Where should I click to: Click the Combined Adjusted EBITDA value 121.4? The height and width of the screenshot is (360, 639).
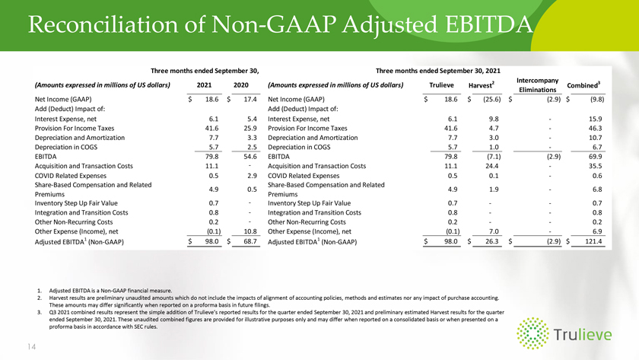[x=593, y=241]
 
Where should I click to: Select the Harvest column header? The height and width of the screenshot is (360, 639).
[x=482, y=84]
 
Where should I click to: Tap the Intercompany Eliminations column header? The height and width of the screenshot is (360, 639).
[x=537, y=84]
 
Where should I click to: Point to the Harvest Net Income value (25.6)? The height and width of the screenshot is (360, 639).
[x=492, y=99]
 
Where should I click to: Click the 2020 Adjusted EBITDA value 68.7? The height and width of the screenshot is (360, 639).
[x=250, y=241]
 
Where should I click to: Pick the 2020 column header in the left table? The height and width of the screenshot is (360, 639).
[x=241, y=84]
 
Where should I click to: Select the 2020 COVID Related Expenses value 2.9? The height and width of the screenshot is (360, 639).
[x=252, y=176]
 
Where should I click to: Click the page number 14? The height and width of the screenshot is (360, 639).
[x=32, y=346]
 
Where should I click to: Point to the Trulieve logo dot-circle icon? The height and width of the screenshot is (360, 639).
[x=532, y=333]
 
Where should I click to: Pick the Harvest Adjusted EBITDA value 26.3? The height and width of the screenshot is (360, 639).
[x=491, y=241]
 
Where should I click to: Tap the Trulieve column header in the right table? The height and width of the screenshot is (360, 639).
[x=441, y=84]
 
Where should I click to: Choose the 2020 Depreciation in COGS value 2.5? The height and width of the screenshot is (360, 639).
[x=252, y=147]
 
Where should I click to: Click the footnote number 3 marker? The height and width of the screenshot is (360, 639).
[x=39, y=312]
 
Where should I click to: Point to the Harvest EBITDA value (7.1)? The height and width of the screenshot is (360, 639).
[x=494, y=157]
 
